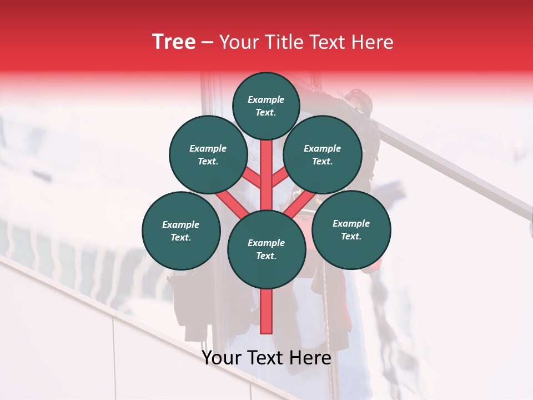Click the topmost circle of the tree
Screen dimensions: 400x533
click(266, 106)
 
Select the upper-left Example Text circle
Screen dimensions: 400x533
click(208, 154)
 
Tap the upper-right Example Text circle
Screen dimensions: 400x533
click(323, 154)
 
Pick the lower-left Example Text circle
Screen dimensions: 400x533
click(181, 231)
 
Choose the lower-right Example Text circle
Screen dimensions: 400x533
click(351, 229)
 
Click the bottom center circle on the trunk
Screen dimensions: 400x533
click(266, 249)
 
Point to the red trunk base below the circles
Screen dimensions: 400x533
click(266, 311)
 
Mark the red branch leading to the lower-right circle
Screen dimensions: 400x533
click(300, 203)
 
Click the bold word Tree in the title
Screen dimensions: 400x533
click(174, 42)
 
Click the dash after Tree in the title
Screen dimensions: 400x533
click(207, 43)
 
